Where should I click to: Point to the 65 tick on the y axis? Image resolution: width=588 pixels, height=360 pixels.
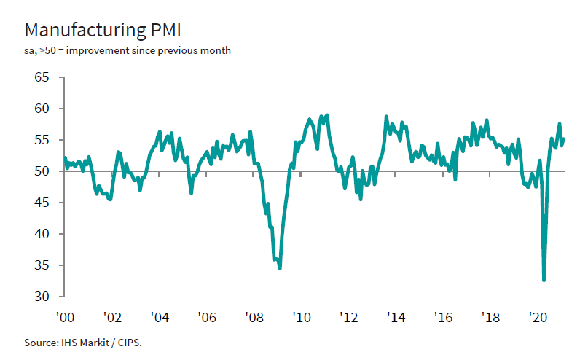pos(42,78)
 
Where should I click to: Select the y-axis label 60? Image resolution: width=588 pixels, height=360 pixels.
pos(42,109)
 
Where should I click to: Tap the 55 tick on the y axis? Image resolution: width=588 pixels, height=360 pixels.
pos(42,141)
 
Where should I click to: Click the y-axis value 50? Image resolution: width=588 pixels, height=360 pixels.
pos(42,172)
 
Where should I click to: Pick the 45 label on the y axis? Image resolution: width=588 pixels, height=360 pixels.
pos(42,203)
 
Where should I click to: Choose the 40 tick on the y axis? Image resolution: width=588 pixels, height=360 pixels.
pos(42,235)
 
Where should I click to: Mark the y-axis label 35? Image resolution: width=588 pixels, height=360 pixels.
pos(42,266)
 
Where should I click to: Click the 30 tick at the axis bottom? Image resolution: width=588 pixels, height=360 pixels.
pos(42,297)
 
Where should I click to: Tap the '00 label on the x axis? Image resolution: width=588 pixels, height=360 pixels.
pos(65,318)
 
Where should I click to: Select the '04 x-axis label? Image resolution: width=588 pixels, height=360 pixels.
pos(159,318)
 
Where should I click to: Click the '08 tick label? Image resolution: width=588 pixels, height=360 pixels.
pos(254,318)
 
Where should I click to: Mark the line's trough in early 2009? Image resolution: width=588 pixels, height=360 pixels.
pos(280,268)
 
